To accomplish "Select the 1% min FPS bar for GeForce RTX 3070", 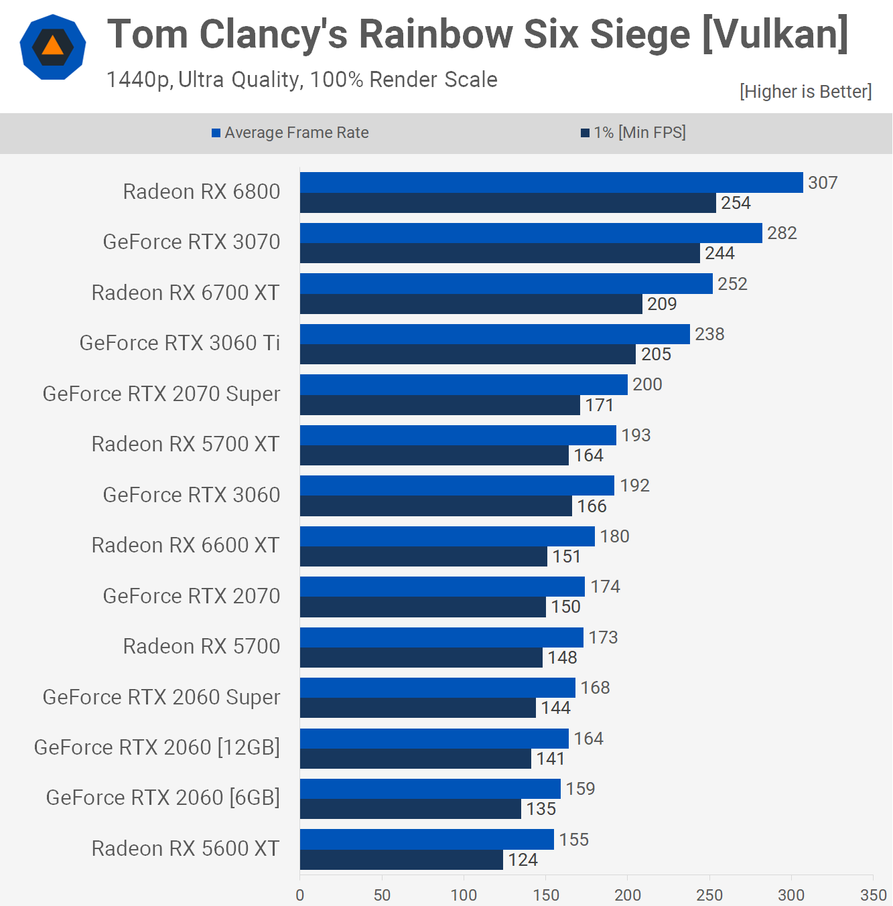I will coord(500,253).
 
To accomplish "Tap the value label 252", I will coord(732,284).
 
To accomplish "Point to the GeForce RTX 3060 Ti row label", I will coord(180,343).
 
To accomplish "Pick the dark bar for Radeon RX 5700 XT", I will coord(434,455).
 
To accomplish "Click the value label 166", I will coord(592,506).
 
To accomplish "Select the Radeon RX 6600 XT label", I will coord(186,545).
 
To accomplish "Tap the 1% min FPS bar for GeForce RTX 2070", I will coord(423,607).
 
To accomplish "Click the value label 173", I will coord(603,637).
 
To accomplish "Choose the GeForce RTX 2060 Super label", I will coord(161,697).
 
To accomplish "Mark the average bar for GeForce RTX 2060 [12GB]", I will coord(434,739).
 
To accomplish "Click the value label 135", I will coord(541,809).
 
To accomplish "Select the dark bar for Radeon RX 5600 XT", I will coord(401,860).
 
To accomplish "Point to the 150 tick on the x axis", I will coord(546,895).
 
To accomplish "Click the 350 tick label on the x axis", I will coord(873,895).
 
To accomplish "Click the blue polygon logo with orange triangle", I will coord(53,47).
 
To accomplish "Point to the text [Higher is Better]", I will coord(805,92).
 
